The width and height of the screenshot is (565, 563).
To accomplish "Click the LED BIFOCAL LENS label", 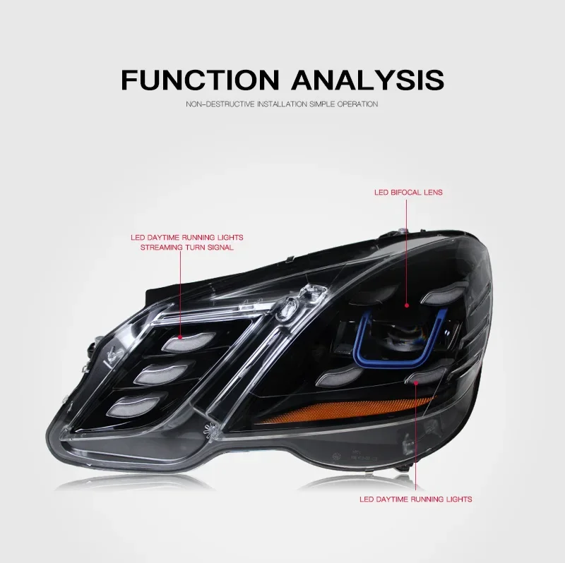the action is point(408,192).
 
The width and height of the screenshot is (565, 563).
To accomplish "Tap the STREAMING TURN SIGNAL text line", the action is point(186,248).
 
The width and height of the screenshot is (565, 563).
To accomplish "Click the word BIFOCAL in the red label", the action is point(409,192).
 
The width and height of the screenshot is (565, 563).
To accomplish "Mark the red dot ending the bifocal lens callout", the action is point(408,305).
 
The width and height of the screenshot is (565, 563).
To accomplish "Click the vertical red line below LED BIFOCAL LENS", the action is point(408,254).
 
